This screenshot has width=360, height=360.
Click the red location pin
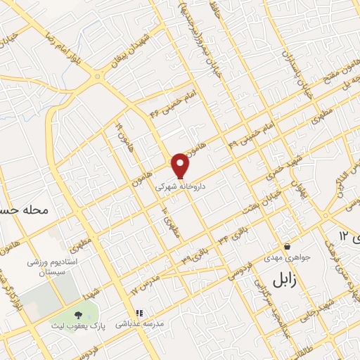tap(181, 165)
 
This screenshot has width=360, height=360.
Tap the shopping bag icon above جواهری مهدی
tap(288, 247)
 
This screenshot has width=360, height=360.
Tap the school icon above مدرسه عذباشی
tap(139, 312)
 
